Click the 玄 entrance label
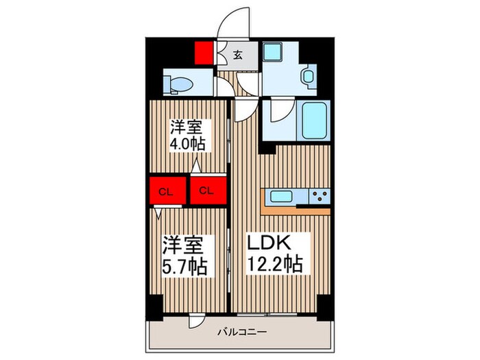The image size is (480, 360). pyautogui.click(x=237, y=55)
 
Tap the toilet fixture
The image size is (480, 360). pyautogui.click(x=180, y=83)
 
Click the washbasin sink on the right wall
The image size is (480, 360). pyautogui.click(x=308, y=77)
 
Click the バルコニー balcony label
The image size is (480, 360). pyautogui.click(x=239, y=331)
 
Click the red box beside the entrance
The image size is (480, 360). pyautogui.click(x=203, y=53)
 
